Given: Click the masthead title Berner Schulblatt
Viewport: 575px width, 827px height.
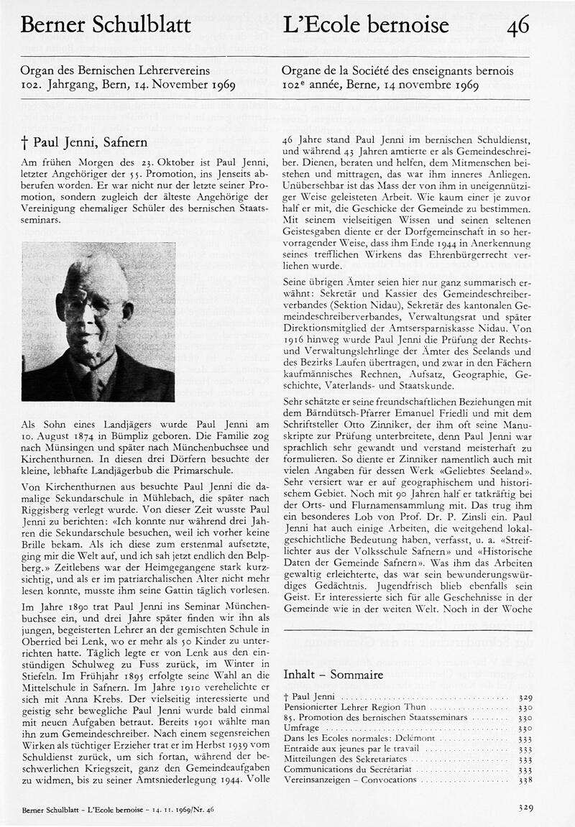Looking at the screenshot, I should click(x=106, y=26).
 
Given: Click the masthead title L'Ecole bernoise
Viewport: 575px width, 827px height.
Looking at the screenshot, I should click(x=367, y=26).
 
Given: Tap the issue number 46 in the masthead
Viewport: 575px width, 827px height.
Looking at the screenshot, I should click(x=517, y=27).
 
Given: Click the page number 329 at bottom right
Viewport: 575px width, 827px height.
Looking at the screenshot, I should click(x=526, y=808).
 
